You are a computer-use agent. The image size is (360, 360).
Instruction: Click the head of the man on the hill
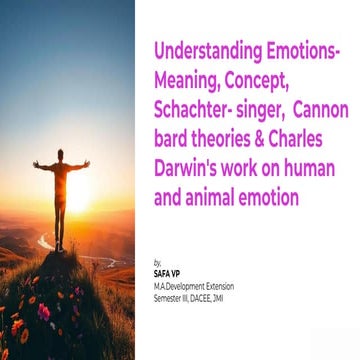(61, 156)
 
